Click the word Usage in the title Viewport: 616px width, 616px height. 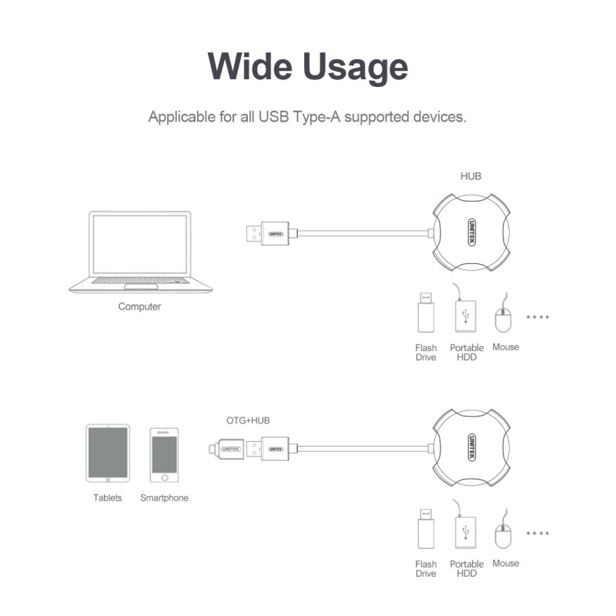[x=355, y=67]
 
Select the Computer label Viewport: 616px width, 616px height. [x=139, y=306]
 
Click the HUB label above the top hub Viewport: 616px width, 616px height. [x=471, y=176]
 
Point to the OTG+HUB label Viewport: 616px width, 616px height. [x=248, y=420]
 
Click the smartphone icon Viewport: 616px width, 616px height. [x=164, y=454]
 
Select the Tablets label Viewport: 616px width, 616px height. [x=108, y=498]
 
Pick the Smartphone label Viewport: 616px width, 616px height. [x=164, y=498]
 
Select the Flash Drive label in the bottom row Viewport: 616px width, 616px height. [x=426, y=569]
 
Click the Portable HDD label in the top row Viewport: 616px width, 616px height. [x=467, y=353]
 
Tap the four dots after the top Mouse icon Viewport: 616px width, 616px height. [x=537, y=316]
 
